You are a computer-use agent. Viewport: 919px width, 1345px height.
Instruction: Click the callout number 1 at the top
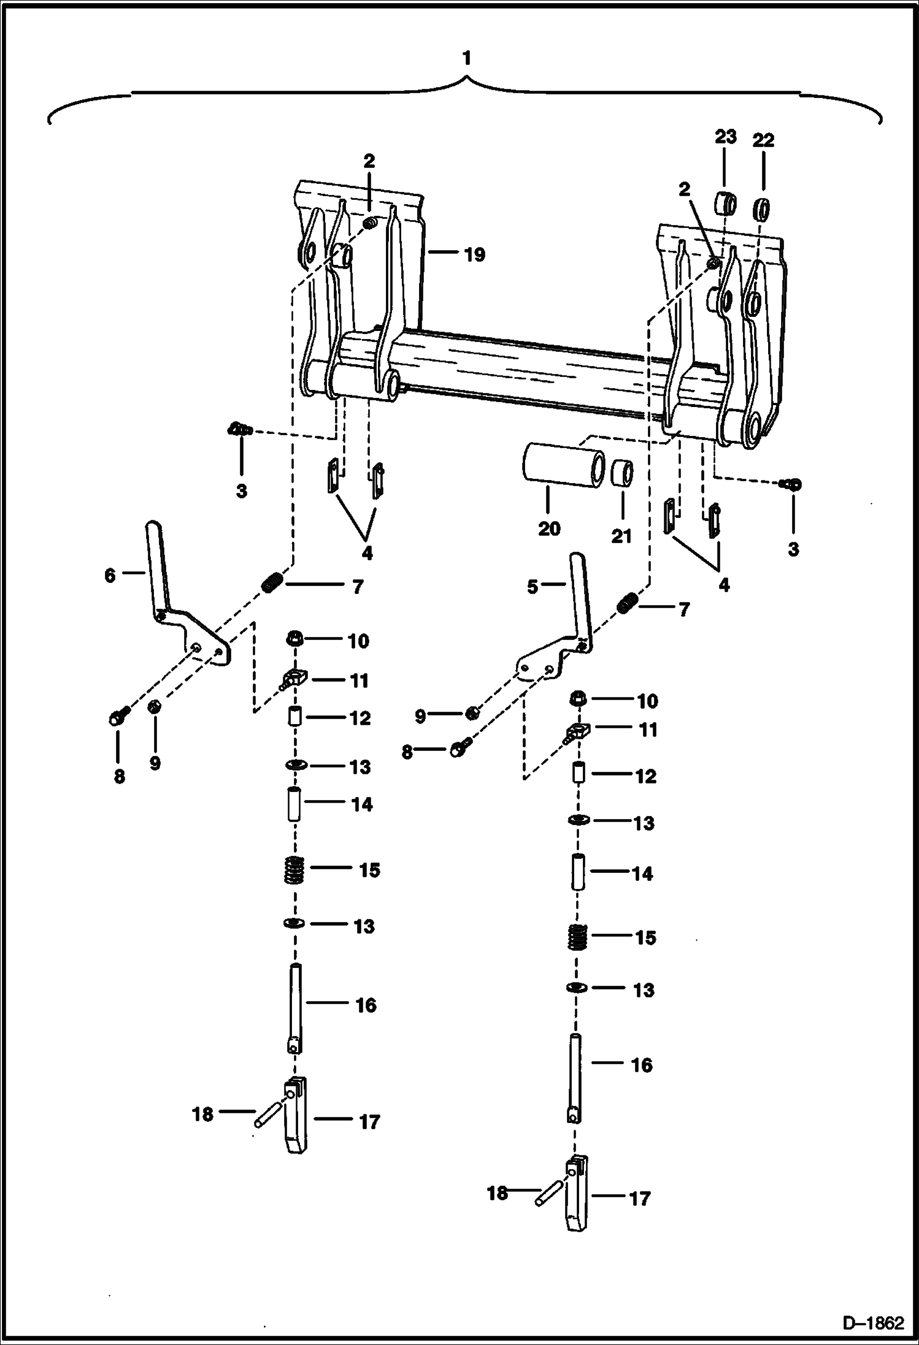tap(467, 59)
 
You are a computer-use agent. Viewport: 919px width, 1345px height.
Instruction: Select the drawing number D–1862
tap(873, 1322)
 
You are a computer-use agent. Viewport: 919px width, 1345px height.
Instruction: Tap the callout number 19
tap(474, 254)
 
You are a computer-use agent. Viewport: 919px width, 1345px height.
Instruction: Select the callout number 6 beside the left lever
tap(110, 576)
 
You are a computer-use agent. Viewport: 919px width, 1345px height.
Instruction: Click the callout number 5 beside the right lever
tap(533, 587)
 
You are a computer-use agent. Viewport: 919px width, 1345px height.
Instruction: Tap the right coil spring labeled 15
tap(575, 937)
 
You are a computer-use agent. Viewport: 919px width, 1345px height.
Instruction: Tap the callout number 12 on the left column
tap(361, 718)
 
